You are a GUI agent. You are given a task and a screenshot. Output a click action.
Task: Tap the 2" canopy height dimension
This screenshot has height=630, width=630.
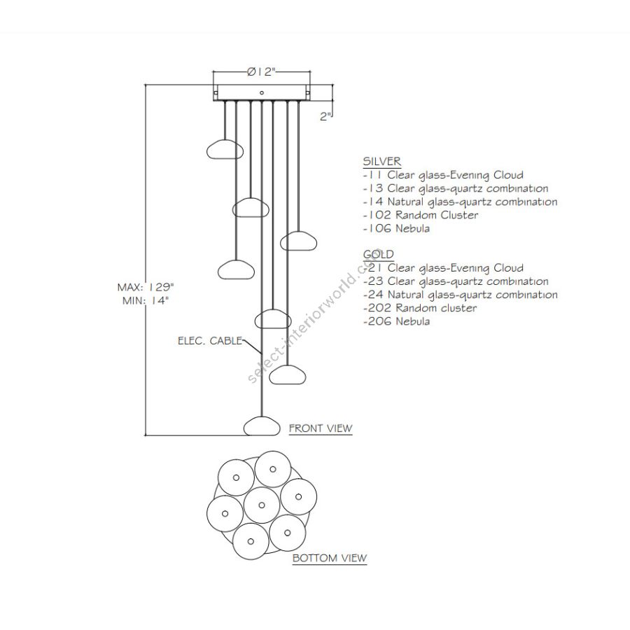tap(325, 117)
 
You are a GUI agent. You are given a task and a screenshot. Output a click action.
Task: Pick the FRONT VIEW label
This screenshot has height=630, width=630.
tap(321, 428)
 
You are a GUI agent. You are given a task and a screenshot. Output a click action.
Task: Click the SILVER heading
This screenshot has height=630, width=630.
tap(381, 162)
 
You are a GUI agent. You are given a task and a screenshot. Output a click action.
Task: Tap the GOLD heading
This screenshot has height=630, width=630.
tap(378, 254)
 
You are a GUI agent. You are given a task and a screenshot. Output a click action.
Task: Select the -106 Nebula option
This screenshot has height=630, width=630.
tap(396, 228)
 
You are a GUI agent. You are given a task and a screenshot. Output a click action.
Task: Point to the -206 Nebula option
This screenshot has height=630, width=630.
tap(396, 321)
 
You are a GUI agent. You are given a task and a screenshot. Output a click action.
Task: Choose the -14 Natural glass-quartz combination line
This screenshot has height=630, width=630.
tap(460, 202)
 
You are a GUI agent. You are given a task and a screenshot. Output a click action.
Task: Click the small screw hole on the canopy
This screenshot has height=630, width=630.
tap(261, 92)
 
